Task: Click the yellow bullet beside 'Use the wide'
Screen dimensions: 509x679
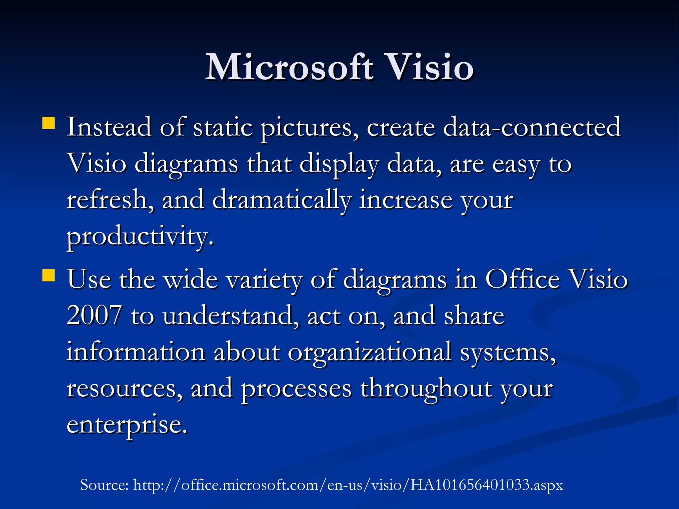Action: (49, 275)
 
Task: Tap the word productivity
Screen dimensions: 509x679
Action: (139, 237)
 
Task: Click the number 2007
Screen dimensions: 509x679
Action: (94, 315)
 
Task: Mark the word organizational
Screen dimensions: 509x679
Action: (369, 352)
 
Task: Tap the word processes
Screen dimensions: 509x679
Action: (296, 388)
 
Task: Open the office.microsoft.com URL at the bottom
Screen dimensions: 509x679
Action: (348, 485)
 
